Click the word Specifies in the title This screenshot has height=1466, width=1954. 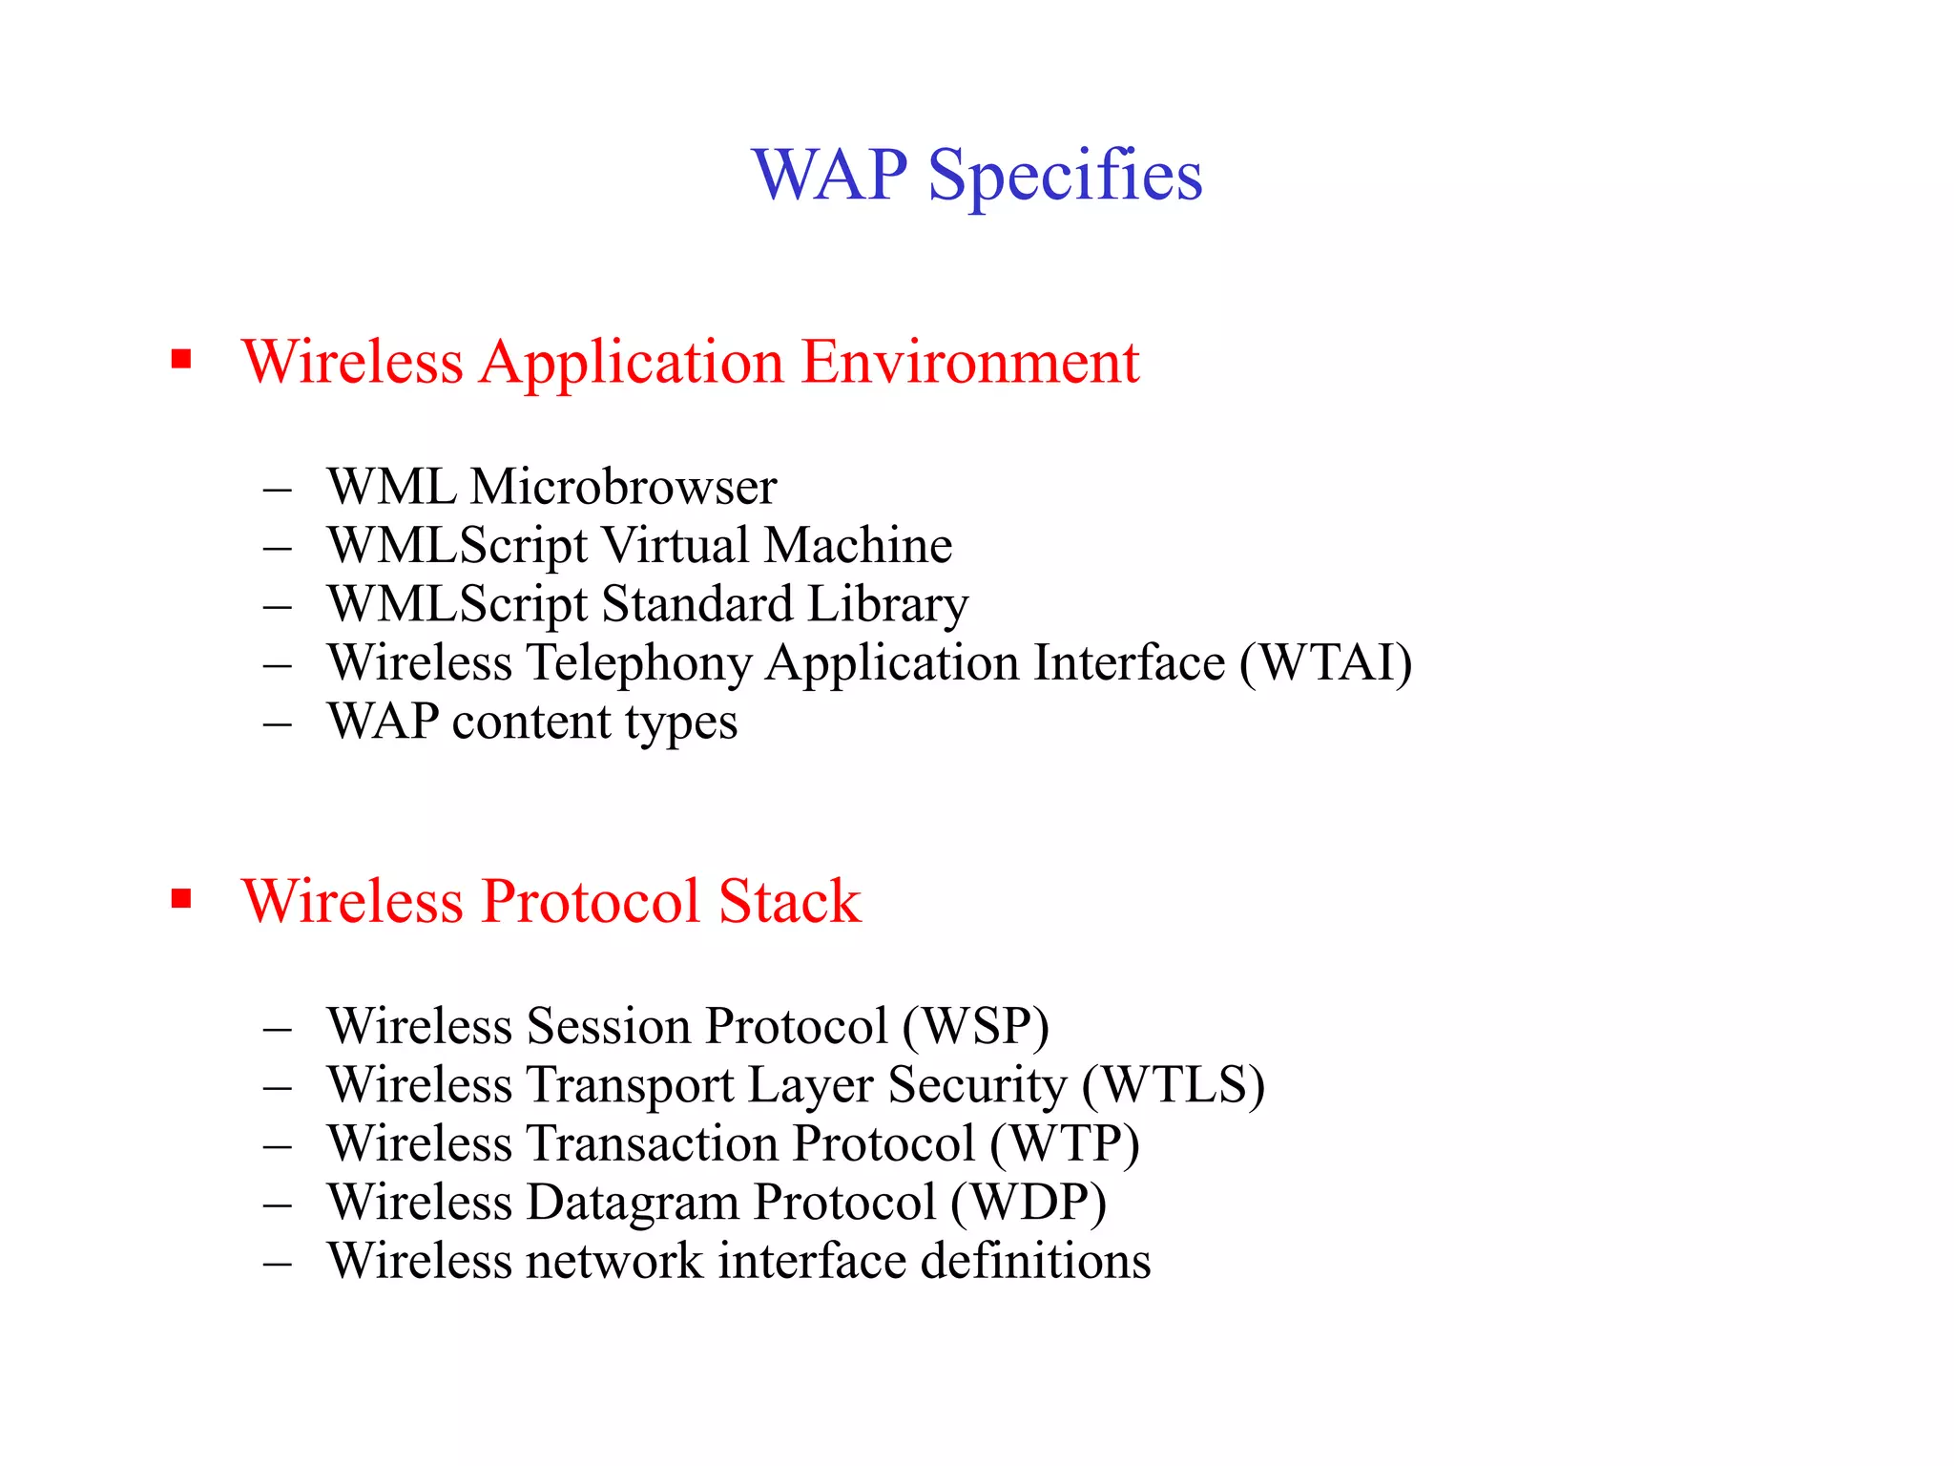point(1065,177)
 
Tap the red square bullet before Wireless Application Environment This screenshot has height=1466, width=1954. point(181,360)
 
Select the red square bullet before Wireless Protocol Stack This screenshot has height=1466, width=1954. point(181,899)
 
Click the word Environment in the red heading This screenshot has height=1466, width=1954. point(970,362)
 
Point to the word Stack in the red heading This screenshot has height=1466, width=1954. point(790,901)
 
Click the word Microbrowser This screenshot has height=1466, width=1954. point(624,487)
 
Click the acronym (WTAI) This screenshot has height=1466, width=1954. point(1325,662)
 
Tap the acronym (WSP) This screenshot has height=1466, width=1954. point(975,1027)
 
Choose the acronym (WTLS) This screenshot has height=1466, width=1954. point(1174,1085)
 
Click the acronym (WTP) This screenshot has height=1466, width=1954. point(1065,1143)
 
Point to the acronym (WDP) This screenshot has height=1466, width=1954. point(1029,1203)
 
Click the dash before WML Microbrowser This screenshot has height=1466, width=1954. point(278,490)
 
